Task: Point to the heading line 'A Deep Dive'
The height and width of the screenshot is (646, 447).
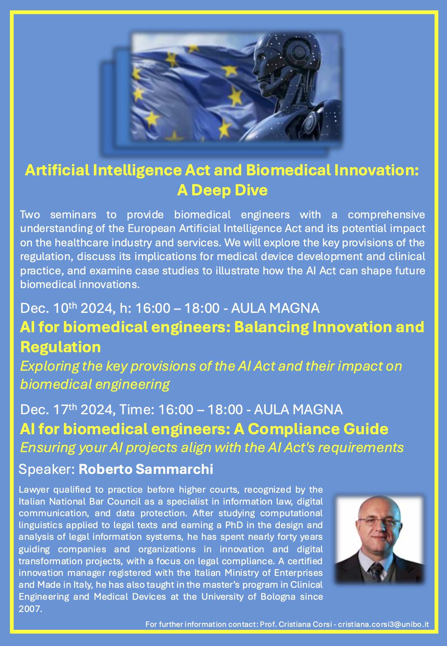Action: [x=222, y=190]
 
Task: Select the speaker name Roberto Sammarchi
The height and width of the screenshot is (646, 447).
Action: [x=146, y=469]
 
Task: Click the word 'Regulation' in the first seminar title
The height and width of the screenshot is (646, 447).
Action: [x=60, y=347]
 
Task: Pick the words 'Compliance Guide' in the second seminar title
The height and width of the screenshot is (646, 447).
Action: [x=318, y=429]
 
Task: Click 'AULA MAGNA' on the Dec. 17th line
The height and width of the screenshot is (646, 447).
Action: [x=298, y=409]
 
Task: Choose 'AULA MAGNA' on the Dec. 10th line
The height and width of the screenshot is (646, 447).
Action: [x=275, y=308]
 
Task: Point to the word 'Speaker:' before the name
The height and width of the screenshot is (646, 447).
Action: [x=46, y=469]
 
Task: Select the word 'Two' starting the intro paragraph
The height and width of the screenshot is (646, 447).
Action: [x=30, y=214]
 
